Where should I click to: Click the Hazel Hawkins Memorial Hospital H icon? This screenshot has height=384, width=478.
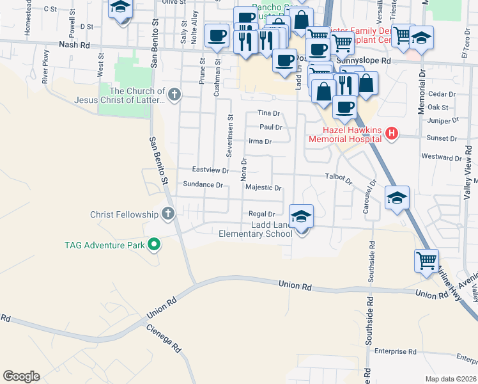pyautogui.click(x=392, y=134)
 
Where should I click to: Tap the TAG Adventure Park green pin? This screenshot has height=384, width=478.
pyautogui.click(x=154, y=244)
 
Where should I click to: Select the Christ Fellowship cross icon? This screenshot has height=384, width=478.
pyautogui.click(x=168, y=214)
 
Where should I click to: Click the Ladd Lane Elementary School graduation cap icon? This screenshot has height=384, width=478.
pyautogui.click(x=302, y=216)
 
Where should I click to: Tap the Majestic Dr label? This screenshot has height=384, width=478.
pyautogui.click(x=264, y=188)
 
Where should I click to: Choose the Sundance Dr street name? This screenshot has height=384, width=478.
pyautogui.click(x=203, y=185)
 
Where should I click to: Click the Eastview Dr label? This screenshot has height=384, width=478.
pyautogui.click(x=211, y=170)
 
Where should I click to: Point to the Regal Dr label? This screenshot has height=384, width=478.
pyautogui.click(x=262, y=214)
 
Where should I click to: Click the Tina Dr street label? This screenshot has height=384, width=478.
pyautogui.click(x=269, y=113)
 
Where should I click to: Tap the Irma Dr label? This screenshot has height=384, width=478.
pyautogui.click(x=260, y=141)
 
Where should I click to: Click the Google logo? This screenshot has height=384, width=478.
pyautogui.click(x=21, y=376)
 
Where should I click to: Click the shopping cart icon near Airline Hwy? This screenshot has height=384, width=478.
pyautogui.click(x=426, y=261)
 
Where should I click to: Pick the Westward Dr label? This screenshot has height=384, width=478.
pyautogui.click(x=442, y=157)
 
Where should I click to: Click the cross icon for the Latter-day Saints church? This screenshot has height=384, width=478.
pyautogui.click(x=174, y=95)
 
